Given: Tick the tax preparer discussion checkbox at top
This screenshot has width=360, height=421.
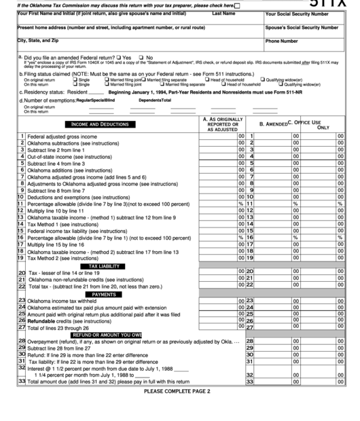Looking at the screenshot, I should [236, 5].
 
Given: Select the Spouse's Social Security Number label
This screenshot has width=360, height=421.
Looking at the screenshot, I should [302, 28].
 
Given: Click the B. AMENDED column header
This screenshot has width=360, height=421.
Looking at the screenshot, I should [271, 124].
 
